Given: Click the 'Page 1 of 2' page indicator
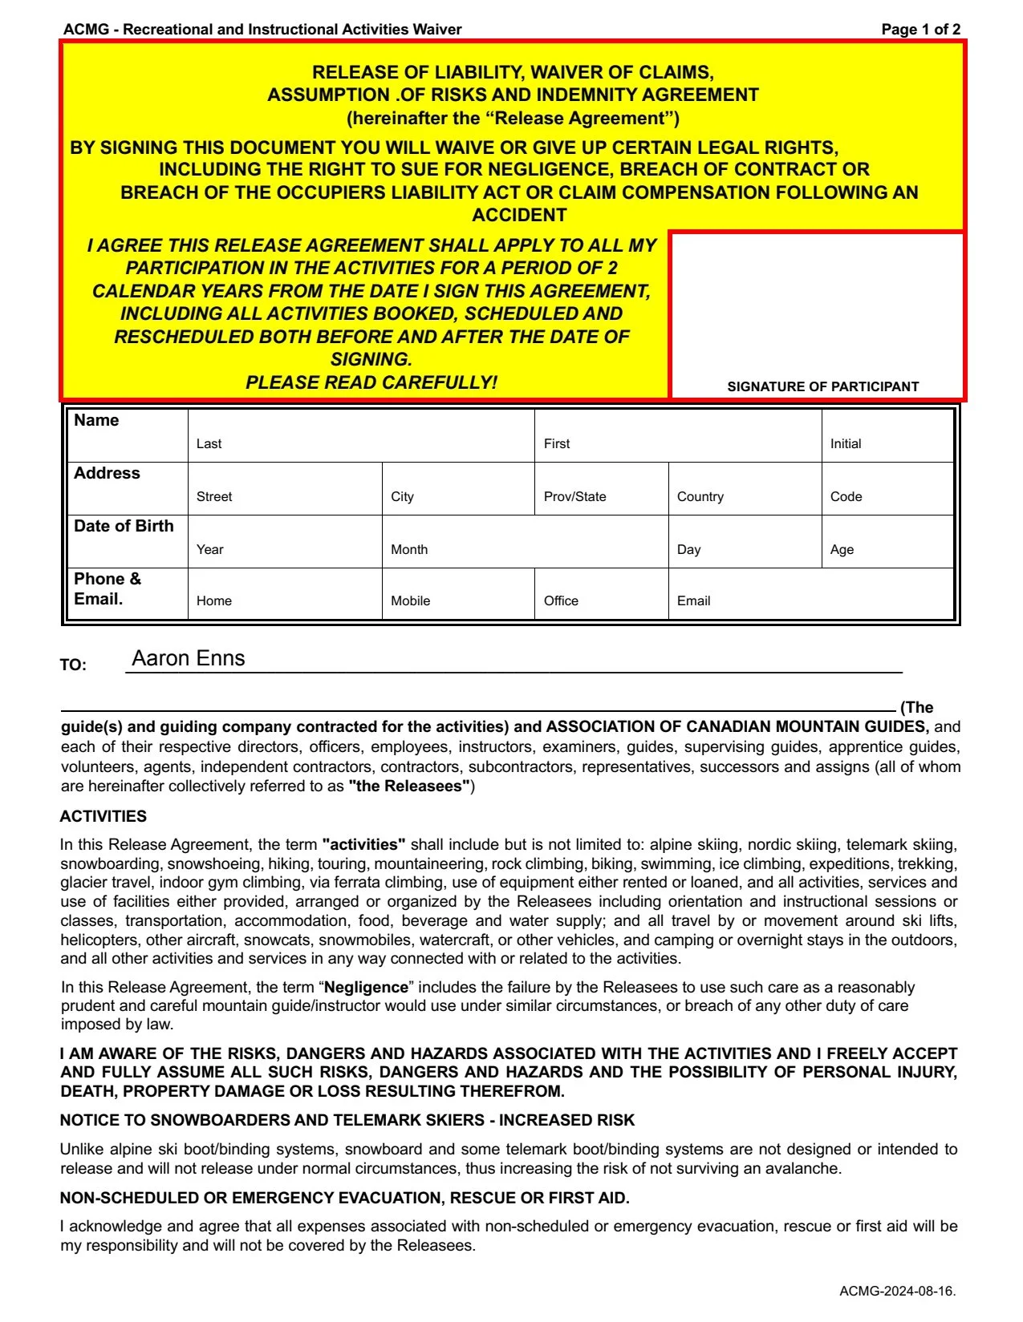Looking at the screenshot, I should tap(920, 30).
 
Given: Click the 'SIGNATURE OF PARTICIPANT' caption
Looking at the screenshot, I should tap(822, 386).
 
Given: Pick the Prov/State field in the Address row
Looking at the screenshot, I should tap(601, 488).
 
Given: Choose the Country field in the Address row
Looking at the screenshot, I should tap(745, 488).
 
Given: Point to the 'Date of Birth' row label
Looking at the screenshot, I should tap(124, 526).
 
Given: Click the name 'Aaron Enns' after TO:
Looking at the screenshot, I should tap(189, 658).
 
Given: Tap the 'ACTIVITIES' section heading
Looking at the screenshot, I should tap(104, 816).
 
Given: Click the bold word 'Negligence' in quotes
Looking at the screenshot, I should tap(366, 987).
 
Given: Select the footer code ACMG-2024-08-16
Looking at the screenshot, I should tap(897, 1291).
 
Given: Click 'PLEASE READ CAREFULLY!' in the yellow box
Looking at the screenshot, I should tap(371, 382).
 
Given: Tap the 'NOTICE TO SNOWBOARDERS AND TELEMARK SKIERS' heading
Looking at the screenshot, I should tap(347, 1120).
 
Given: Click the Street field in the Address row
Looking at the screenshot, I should tap(285, 488).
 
